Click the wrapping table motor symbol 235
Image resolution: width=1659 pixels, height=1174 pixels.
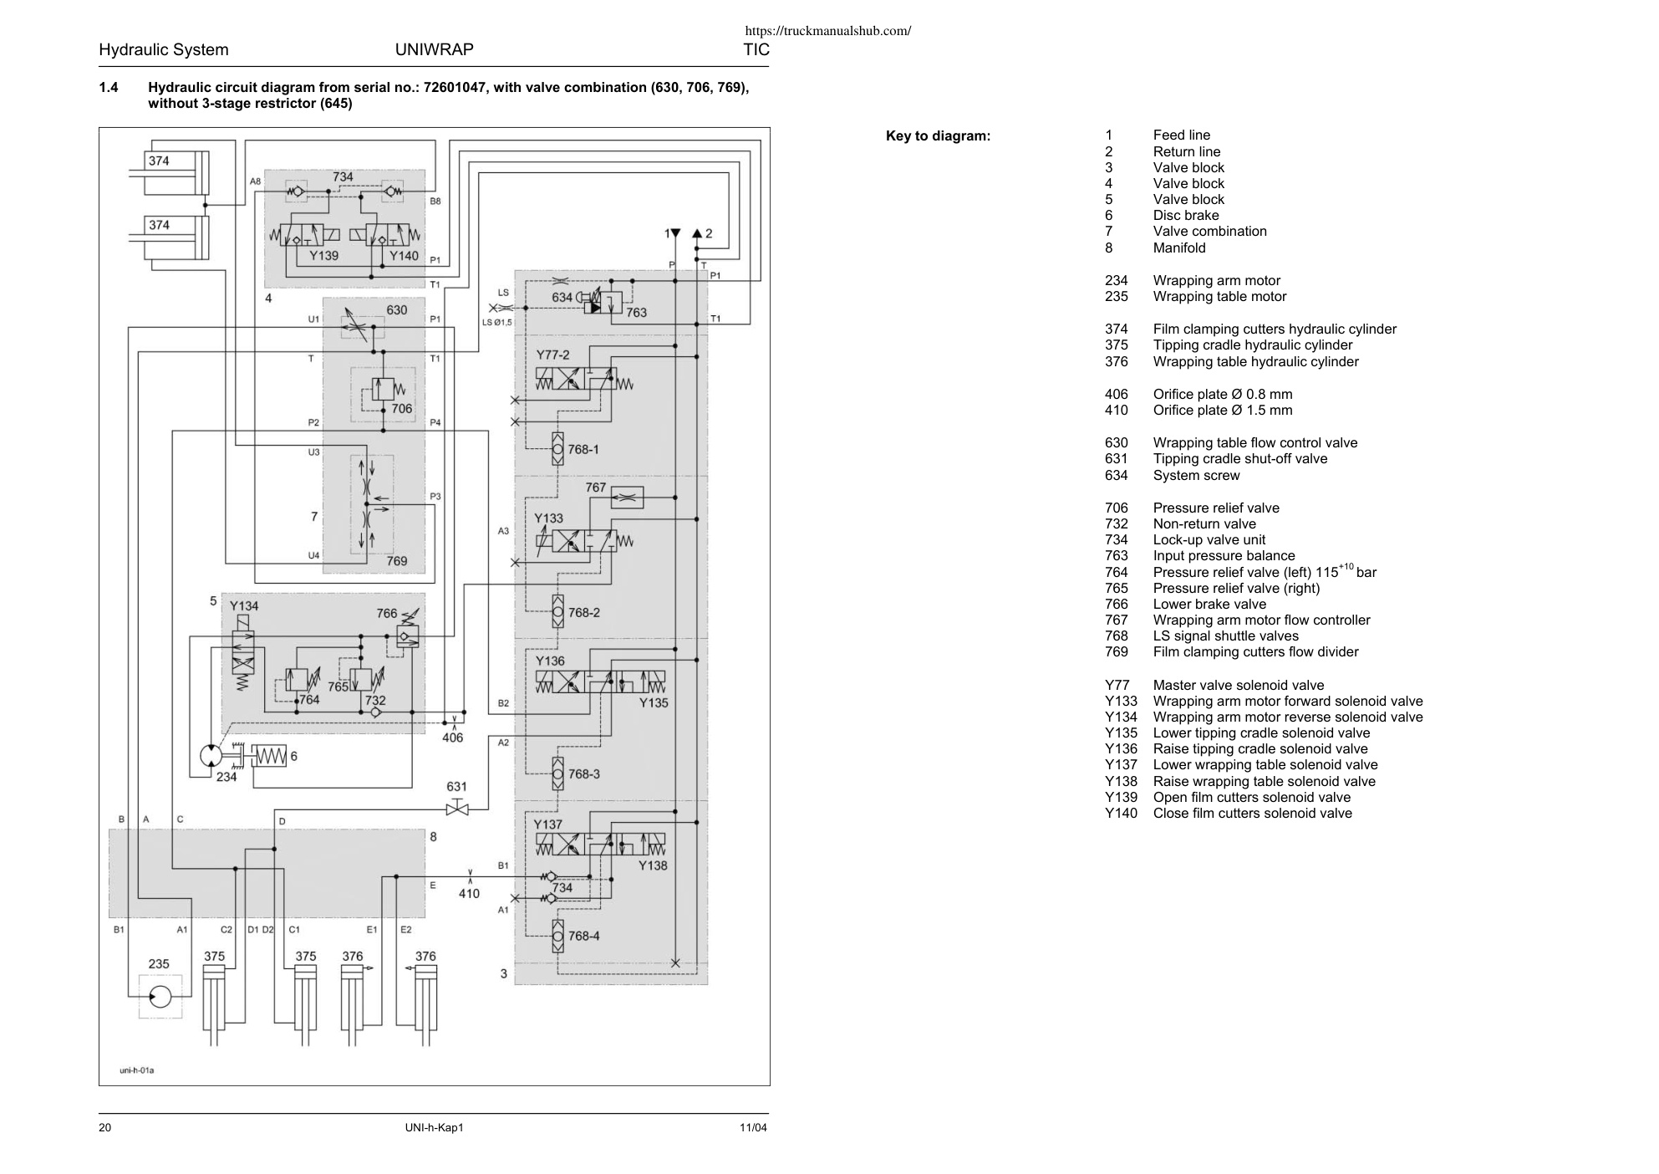tap(160, 997)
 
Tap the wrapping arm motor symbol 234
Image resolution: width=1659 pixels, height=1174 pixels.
tap(211, 756)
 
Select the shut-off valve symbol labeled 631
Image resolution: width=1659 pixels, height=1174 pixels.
tap(457, 809)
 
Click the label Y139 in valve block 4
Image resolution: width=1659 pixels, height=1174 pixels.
tap(323, 256)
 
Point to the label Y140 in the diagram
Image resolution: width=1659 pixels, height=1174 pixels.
tap(405, 256)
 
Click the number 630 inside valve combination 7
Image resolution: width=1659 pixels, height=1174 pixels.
tap(397, 310)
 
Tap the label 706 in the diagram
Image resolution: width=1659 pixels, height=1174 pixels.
tap(402, 409)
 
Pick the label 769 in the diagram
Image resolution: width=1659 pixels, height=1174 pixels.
tap(397, 561)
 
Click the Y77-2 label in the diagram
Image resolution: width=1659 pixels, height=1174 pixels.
tap(552, 355)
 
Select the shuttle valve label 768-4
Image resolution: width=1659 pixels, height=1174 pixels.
tap(584, 936)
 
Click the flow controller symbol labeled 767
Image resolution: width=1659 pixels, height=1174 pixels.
tap(628, 498)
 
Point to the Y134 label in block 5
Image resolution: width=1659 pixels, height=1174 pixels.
tap(244, 606)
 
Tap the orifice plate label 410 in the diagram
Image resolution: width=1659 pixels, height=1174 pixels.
tap(469, 894)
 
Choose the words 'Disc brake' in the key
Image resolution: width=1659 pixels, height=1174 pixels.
tap(1186, 216)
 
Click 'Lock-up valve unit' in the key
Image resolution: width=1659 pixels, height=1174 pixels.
tap(1209, 540)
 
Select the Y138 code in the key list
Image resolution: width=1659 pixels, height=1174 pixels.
tap(1121, 782)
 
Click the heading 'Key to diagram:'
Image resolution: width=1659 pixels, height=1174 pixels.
tap(938, 136)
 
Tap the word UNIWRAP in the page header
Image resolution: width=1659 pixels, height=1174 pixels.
tap(434, 49)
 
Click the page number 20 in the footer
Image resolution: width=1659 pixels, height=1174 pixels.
tap(105, 1128)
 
